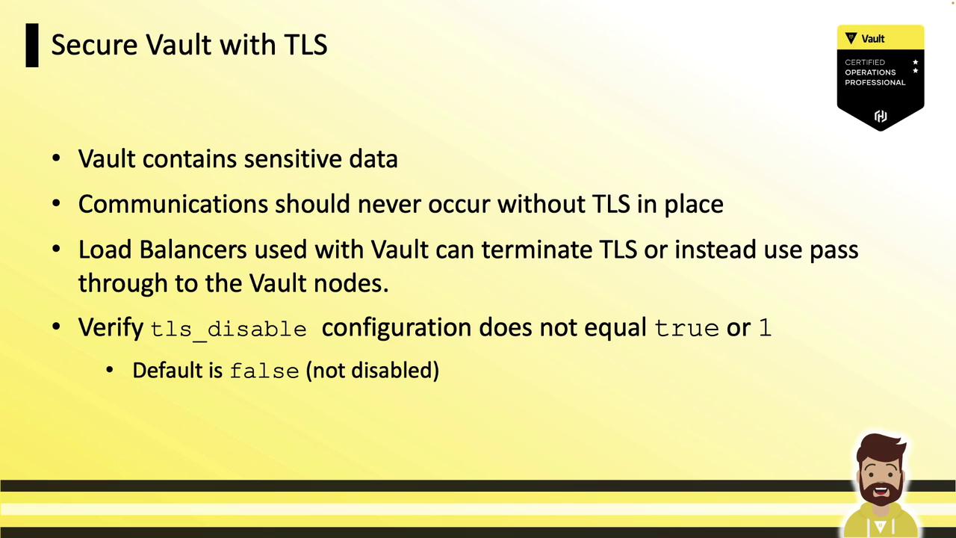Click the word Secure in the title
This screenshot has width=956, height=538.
tap(94, 44)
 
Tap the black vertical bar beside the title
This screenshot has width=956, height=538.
tap(32, 46)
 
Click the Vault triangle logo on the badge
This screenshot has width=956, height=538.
tap(851, 38)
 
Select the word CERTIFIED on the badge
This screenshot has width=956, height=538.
tap(865, 62)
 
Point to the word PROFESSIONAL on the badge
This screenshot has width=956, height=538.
tap(875, 82)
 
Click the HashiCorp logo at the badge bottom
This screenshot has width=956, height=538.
tap(881, 116)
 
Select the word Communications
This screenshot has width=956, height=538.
tap(173, 204)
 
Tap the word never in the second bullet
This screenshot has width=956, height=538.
tap(389, 205)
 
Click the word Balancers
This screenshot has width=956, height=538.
tap(193, 250)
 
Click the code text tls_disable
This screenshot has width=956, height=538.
tap(229, 330)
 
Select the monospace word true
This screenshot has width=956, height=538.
tap(686, 329)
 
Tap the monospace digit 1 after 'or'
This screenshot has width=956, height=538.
tap(766, 328)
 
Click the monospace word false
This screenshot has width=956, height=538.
tap(264, 371)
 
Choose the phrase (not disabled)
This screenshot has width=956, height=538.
tap(372, 370)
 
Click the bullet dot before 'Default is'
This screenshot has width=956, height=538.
tap(110, 370)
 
